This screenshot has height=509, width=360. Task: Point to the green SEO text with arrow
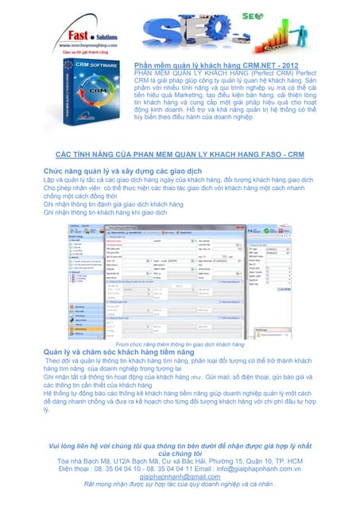(256, 16)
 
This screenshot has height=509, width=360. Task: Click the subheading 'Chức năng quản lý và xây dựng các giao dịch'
(117, 171)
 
